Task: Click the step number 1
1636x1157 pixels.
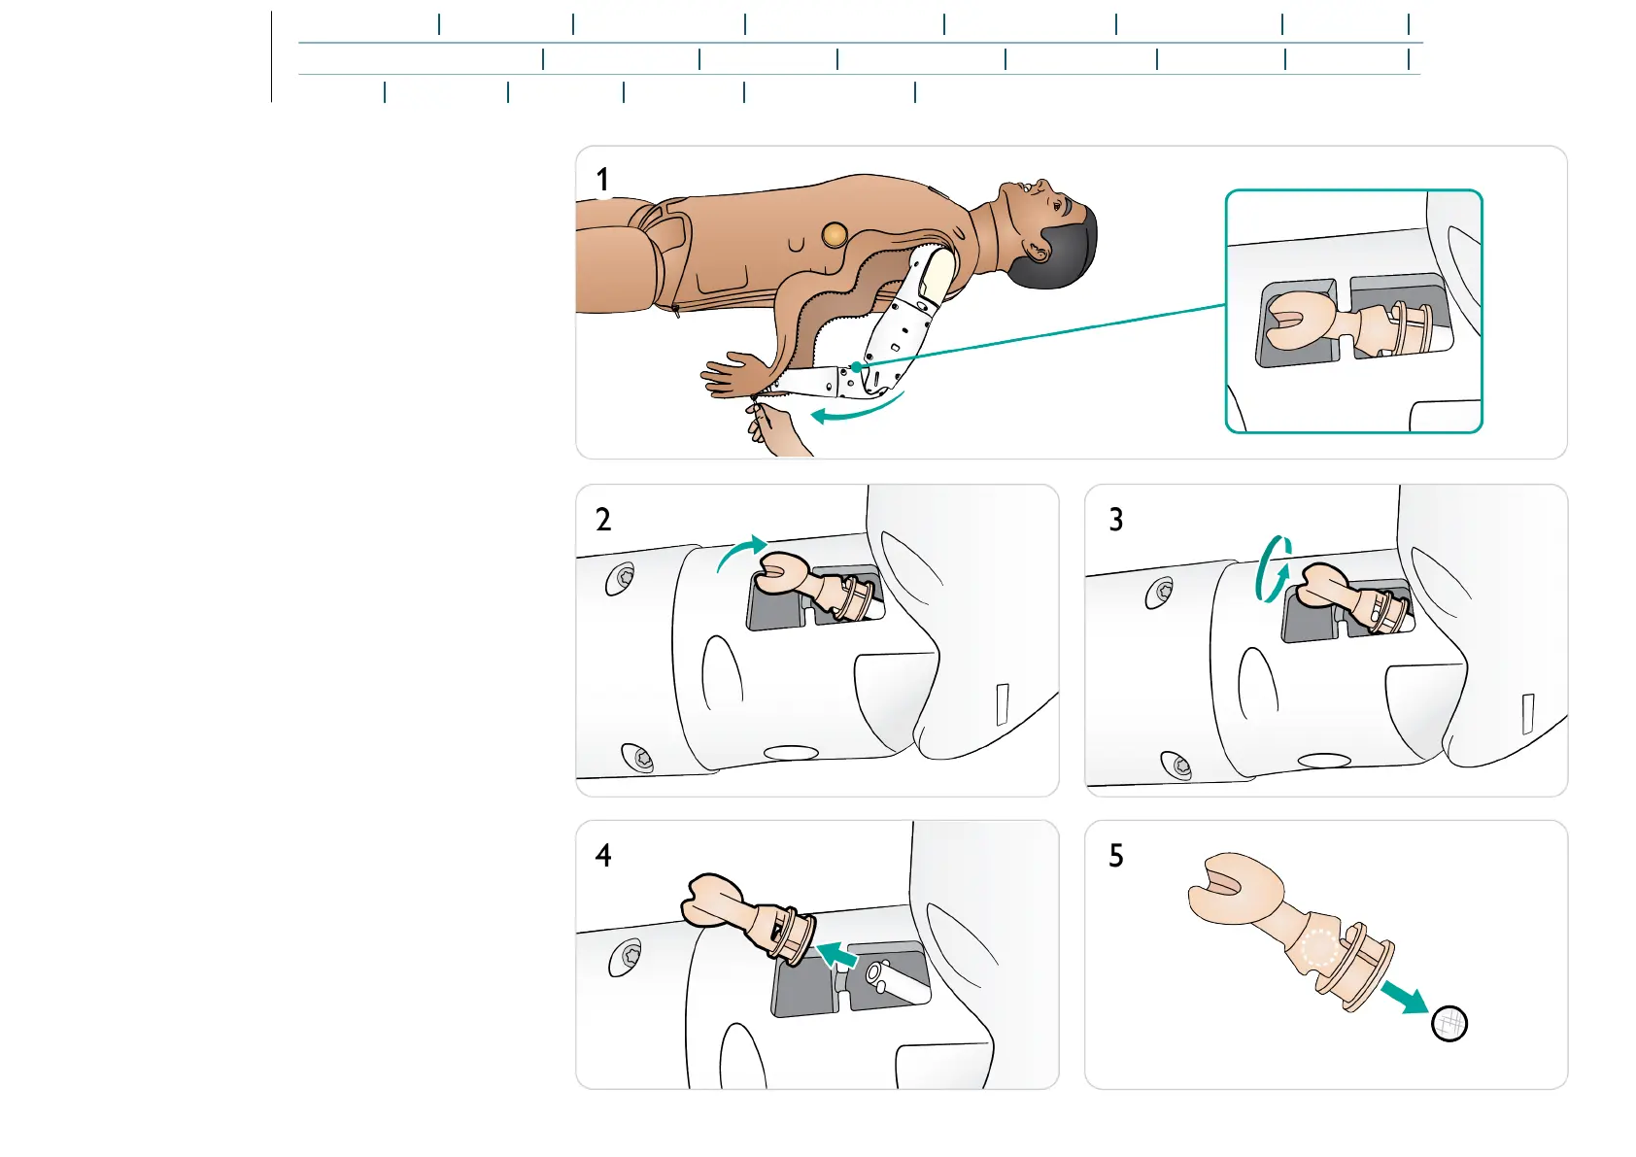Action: (x=602, y=180)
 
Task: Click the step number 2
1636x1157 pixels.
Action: (x=603, y=520)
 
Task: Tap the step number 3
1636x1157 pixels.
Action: (x=1116, y=520)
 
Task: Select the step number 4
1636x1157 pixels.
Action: (x=603, y=856)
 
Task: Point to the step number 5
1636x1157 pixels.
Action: (x=1116, y=856)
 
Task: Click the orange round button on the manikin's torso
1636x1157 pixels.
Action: (x=835, y=234)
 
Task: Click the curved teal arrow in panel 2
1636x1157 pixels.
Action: (x=741, y=552)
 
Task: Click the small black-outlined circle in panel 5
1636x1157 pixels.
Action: (x=1449, y=1023)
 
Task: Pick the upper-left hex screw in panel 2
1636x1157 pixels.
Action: (x=619, y=580)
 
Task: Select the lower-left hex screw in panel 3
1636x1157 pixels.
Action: (x=1177, y=766)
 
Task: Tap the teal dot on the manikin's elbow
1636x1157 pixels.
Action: (x=856, y=367)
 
